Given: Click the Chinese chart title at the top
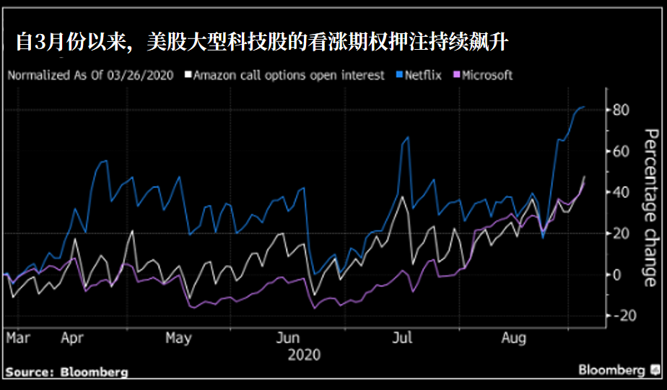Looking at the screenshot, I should (262, 43).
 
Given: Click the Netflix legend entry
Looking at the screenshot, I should (423, 75).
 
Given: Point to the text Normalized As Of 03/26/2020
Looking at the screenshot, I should (90, 75).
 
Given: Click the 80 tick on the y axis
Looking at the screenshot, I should (621, 110).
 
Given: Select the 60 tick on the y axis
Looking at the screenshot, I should (621, 151).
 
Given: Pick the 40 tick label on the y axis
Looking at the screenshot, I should (621, 192).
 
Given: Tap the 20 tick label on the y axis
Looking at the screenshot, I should (621, 233).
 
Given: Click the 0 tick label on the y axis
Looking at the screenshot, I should (616, 274).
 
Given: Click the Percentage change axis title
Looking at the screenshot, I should (650, 207).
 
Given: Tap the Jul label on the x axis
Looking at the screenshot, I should (403, 337).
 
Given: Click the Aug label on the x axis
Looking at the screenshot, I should (514, 337).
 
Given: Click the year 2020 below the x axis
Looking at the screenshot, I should (304, 355).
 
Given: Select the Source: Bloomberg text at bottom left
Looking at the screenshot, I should (67, 373).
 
